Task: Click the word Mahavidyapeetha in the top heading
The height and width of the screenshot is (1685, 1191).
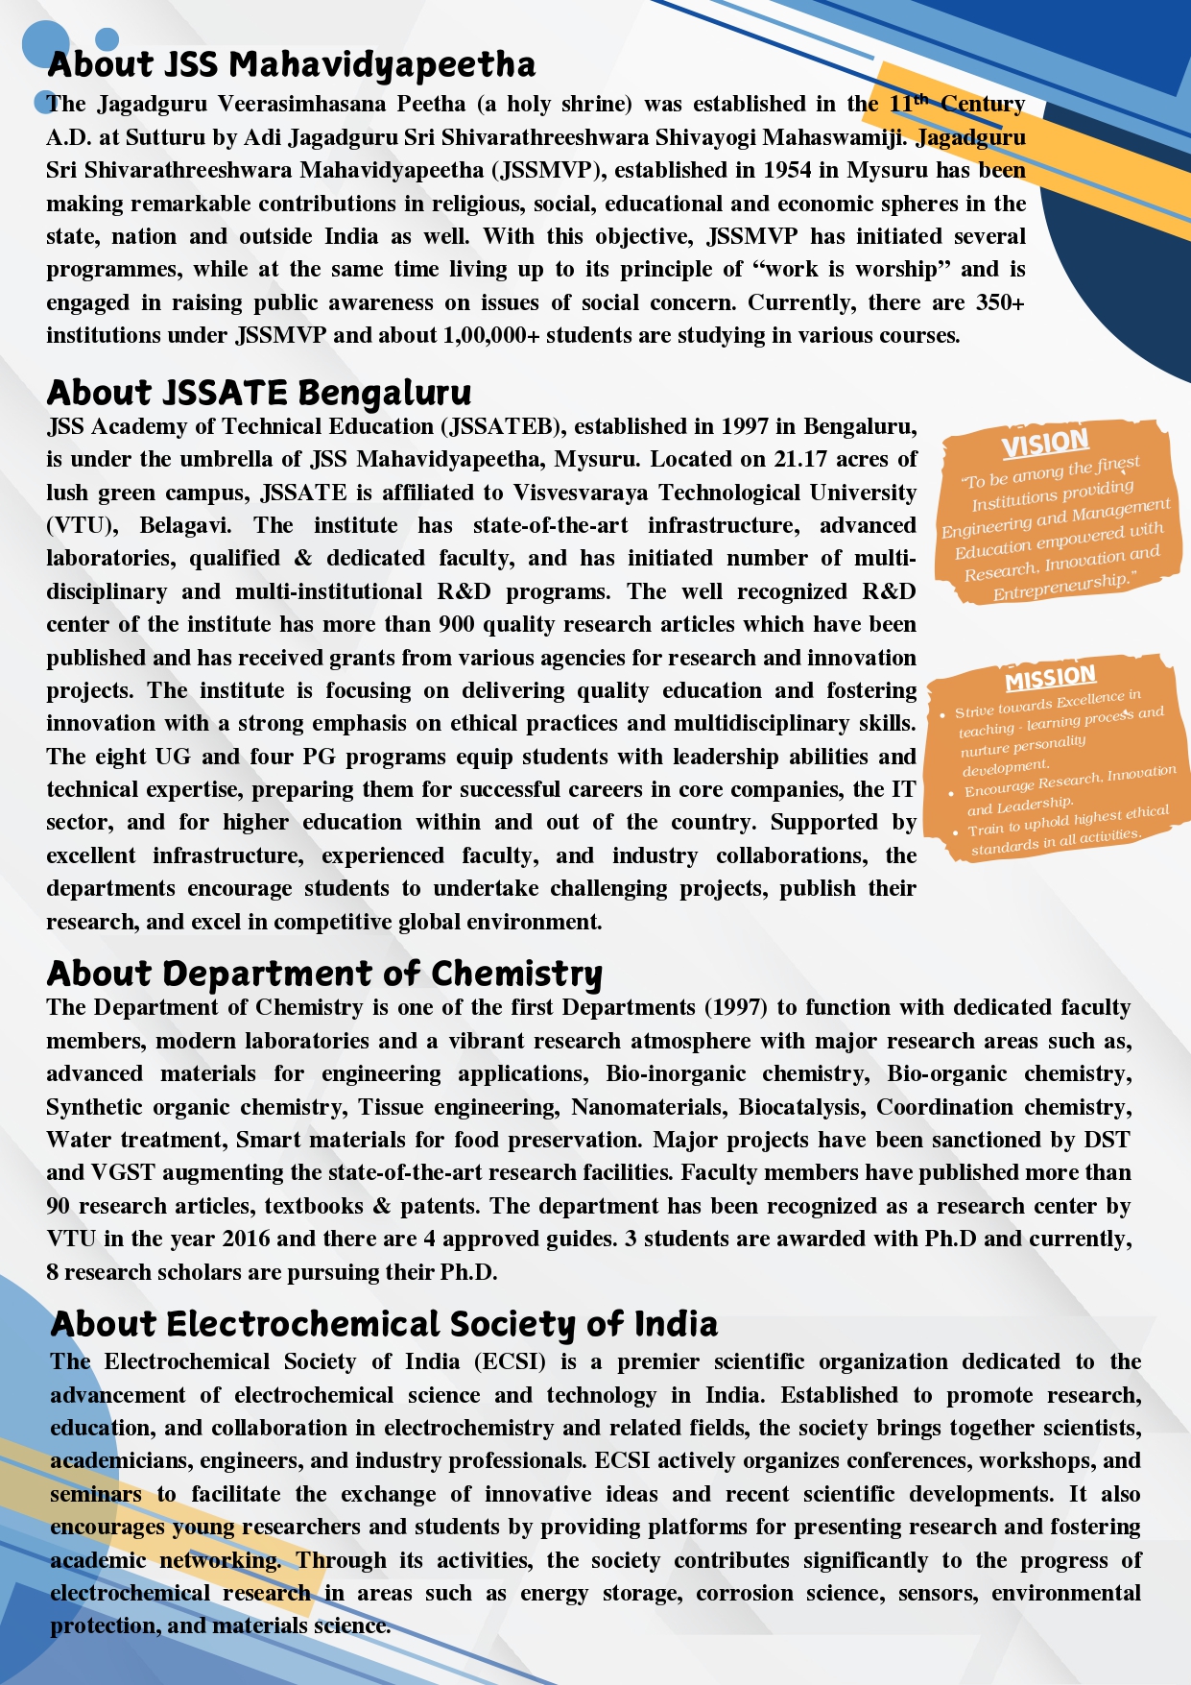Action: [382, 65]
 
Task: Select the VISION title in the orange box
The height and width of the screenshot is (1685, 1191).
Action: [1045, 444]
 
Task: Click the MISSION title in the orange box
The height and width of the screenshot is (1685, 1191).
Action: [1050, 678]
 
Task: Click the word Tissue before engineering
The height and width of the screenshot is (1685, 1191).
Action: [390, 1107]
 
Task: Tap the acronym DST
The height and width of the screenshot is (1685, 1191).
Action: [1107, 1140]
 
